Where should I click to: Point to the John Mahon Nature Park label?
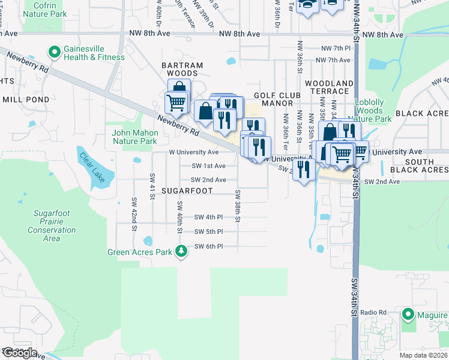pos(134,137)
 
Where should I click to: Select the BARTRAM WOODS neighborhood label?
pos(182,70)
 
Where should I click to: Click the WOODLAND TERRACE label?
pos(328,87)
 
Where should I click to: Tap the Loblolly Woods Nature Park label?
pos(373,111)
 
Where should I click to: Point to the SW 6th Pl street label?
pos(209,247)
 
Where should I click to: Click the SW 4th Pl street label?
pos(209,217)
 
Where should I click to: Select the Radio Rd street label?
pos(373,313)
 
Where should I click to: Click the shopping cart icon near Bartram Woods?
pos(176,103)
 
